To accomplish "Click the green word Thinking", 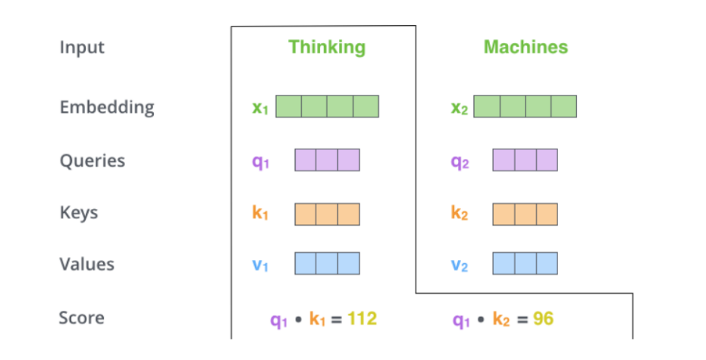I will click(326, 47).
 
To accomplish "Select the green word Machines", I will click(526, 47).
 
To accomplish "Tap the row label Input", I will click(82, 47).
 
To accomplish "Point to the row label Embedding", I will click(107, 107).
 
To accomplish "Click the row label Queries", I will click(93, 161).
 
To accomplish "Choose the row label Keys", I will click(79, 212).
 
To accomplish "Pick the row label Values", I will click(87, 264).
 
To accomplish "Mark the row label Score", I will click(81, 318).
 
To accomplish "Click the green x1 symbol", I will click(260, 108).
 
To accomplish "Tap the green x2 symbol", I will click(460, 108).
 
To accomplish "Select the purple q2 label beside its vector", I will click(460, 161).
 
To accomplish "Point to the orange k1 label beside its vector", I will click(260, 214).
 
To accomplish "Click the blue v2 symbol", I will click(460, 265).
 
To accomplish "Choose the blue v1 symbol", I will click(260, 265).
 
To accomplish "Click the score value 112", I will click(362, 319).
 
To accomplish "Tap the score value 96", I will click(543, 319).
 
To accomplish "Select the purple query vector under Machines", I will click(525, 160).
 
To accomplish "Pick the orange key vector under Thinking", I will click(327, 214).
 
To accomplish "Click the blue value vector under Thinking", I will click(327, 263).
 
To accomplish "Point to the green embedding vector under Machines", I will click(525, 106).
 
